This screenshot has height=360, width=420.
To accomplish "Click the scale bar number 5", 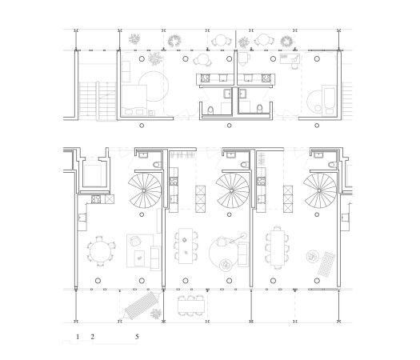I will pos(138,337).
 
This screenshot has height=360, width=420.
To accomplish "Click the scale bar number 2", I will pos(92,337).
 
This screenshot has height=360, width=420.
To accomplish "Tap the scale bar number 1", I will pos(78,337).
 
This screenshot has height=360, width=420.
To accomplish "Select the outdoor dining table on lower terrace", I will pos(190,305).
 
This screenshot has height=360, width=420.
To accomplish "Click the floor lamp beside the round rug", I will pos(238,236).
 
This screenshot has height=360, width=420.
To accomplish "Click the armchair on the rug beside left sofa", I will pos(134,242).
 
